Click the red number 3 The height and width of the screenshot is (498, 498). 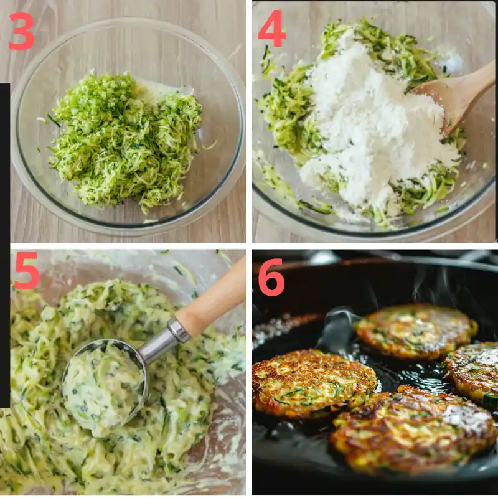coord(21,32)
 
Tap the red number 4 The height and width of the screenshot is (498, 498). coord(272,29)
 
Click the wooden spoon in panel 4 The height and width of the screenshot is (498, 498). coord(458,93)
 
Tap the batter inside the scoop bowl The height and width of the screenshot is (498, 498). coord(103,389)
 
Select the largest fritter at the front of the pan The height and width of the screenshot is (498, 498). coord(414,430)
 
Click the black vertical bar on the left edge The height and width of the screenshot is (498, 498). coord(5,249)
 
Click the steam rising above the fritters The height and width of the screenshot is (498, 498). coord(430,286)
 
